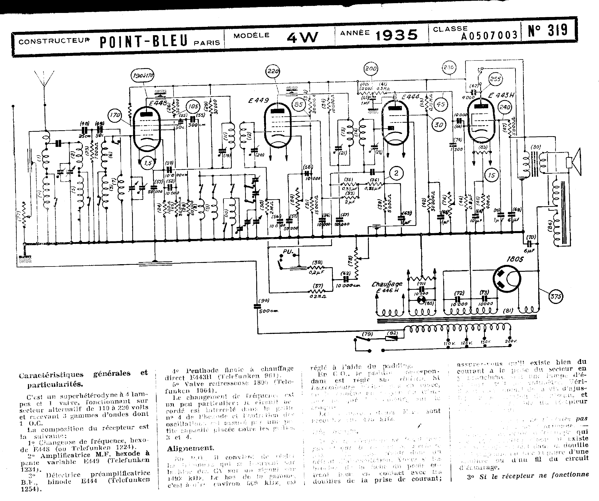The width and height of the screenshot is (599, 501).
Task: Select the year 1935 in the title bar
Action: [x=397, y=35]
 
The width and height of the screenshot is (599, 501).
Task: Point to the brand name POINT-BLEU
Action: [x=143, y=41]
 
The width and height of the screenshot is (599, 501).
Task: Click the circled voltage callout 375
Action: [x=556, y=297]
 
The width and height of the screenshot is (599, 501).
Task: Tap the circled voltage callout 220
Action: [x=273, y=71]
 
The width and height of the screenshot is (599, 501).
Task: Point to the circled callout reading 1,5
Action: [x=147, y=163]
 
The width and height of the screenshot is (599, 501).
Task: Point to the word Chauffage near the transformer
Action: [x=387, y=284]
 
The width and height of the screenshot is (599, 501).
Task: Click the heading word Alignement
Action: [x=190, y=448]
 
